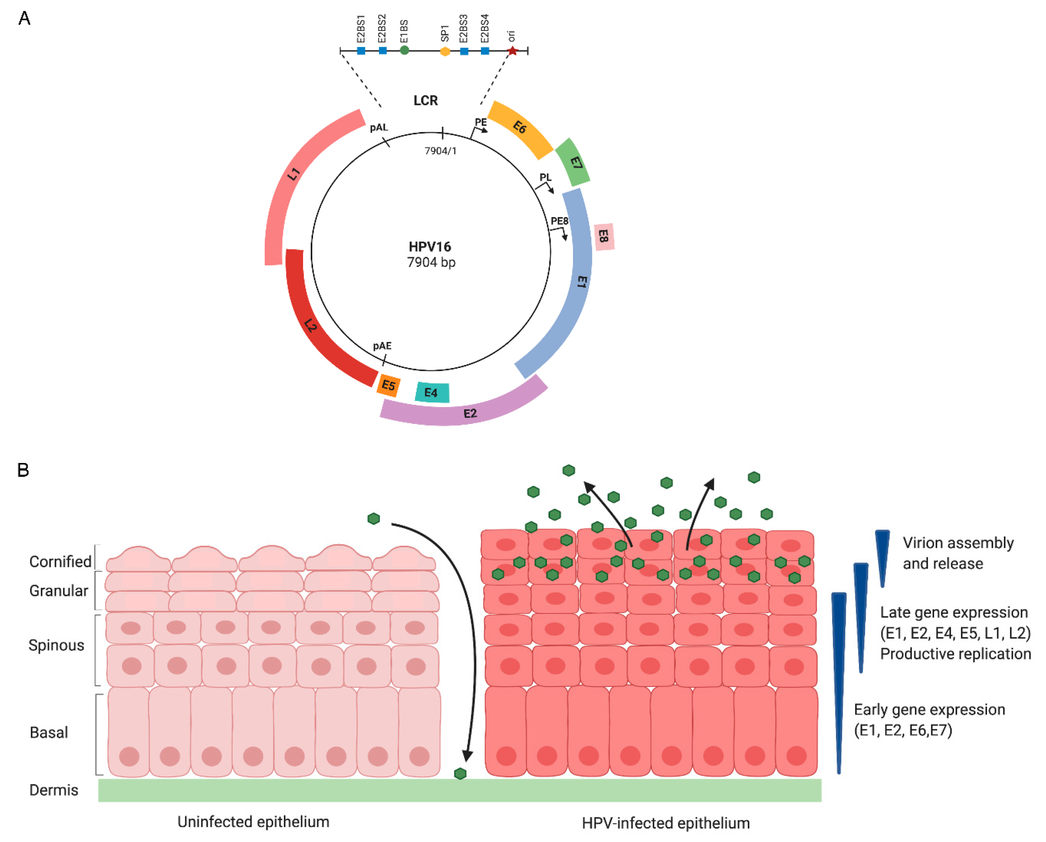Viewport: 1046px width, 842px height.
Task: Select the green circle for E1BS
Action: click(404, 50)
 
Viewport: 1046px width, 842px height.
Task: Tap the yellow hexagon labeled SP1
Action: click(445, 51)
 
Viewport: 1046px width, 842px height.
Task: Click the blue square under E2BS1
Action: click(361, 51)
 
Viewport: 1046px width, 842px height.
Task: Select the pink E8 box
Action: click(604, 237)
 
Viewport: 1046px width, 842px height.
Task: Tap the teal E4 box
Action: click(432, 392)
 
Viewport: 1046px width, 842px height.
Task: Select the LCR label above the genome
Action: click(426, 101)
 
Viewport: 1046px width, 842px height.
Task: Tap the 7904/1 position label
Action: click(440, 151)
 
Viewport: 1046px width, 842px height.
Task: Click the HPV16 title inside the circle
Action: click(430, 247)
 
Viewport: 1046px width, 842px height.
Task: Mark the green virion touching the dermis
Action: click(460, 773)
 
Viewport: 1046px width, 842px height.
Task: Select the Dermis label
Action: click(54, 790)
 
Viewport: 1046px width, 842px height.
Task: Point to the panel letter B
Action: click(23, 470)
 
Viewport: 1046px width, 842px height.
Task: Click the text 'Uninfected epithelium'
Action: click(253, 821)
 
